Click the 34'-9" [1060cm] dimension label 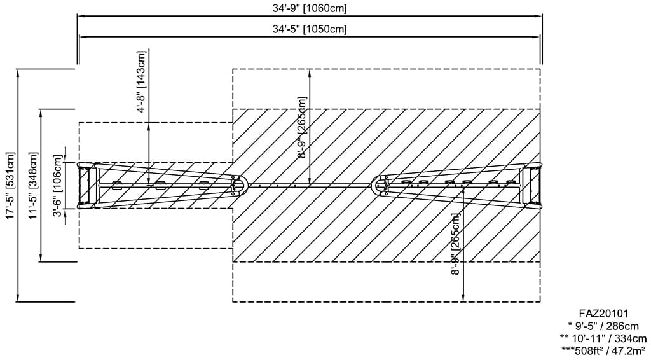pos(310,8)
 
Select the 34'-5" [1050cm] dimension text pos(310,29)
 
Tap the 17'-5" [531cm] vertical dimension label pos(10,186)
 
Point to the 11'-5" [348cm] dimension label pos(33,186)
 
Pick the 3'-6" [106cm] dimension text pos(57,186)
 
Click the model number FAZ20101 pos(603,314)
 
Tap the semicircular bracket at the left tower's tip pos(239,185)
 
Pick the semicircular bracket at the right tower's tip pos(382,184)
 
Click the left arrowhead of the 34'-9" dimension pos(80,17)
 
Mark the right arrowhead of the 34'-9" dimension pos(540,17)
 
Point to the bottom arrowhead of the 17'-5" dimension pos(18,299)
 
